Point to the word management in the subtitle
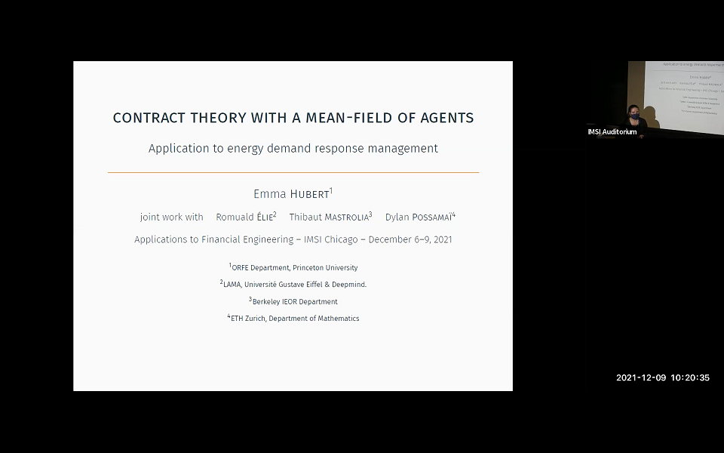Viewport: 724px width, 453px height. [x=403, y=149]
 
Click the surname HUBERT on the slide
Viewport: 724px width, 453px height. [x=310, y=195]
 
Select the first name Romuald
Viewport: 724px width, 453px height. [x=234, y=217]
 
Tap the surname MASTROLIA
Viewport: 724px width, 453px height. [x=346, y=217]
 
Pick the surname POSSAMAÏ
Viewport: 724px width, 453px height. [x=431, y=217]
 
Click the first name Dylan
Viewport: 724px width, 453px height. [x=397, y=217]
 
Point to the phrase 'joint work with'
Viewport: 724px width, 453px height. [x=172, y=217]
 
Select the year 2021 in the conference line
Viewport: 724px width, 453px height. [x=440, y=240]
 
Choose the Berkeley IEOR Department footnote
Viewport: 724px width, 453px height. [x=295, y=302]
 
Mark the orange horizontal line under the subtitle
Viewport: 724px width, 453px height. [x=293, y=173]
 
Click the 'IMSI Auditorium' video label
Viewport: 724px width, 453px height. [x=612, y=132]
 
